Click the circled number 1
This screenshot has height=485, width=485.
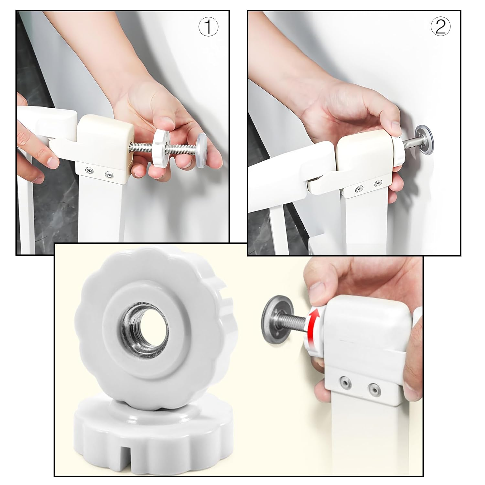[208, 27]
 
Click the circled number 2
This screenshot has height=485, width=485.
[440, 27]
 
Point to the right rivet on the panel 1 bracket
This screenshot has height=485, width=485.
[110, 175]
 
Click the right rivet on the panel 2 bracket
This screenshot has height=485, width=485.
[377, 184]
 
